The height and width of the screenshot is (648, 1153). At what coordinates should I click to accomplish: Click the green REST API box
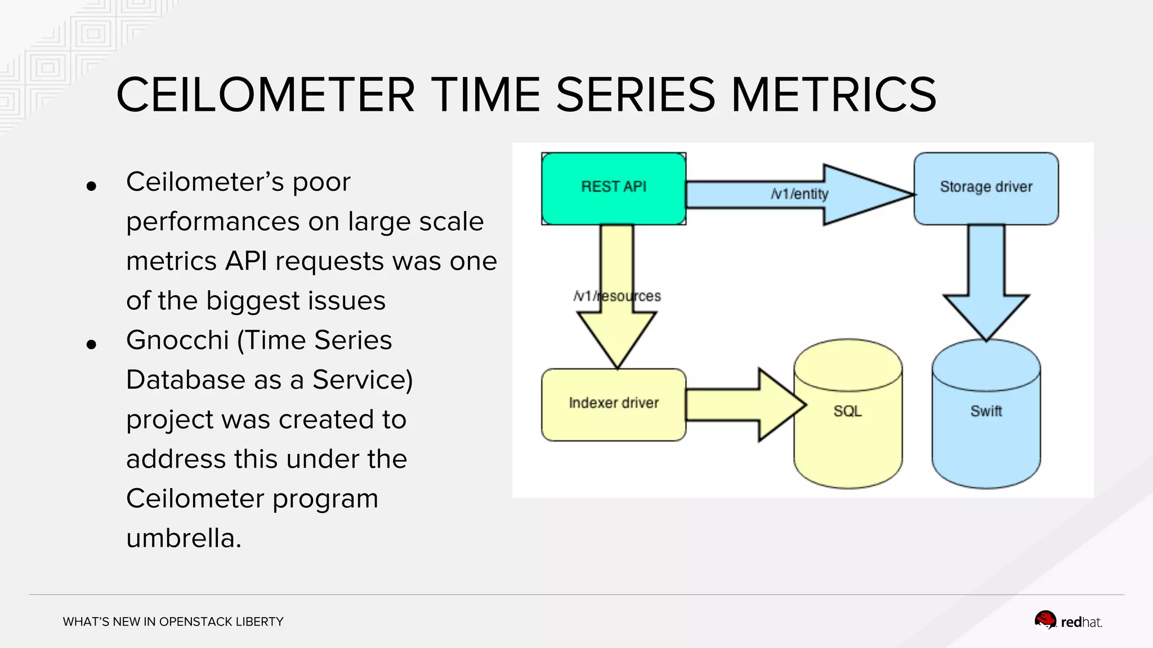[x=614, y=188]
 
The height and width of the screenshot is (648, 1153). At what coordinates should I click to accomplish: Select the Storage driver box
[x=986, y=188]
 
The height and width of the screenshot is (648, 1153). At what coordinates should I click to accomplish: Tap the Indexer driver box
[x=614, y=404]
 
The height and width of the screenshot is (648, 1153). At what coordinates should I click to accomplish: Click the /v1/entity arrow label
[x=799, y=194]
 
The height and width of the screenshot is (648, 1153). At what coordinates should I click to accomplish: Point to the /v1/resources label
[x=617, y=296]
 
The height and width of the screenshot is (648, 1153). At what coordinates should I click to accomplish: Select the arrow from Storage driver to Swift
[x=986, y=281]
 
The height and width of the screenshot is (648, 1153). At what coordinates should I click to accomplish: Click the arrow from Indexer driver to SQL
[x=743, y=404]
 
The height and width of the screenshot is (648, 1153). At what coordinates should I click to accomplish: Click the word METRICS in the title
[x=833, y=94]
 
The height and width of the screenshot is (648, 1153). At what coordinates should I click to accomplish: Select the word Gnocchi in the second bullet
[x=177, y=341]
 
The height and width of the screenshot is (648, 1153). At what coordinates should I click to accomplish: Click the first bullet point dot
[x=91, y=186]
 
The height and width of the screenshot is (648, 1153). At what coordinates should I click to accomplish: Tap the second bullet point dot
[x=91, y=345]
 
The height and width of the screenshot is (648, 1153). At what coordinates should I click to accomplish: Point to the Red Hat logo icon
[x=1045, y=620]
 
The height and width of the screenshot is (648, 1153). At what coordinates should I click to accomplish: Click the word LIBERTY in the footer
[x=260, y=622]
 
